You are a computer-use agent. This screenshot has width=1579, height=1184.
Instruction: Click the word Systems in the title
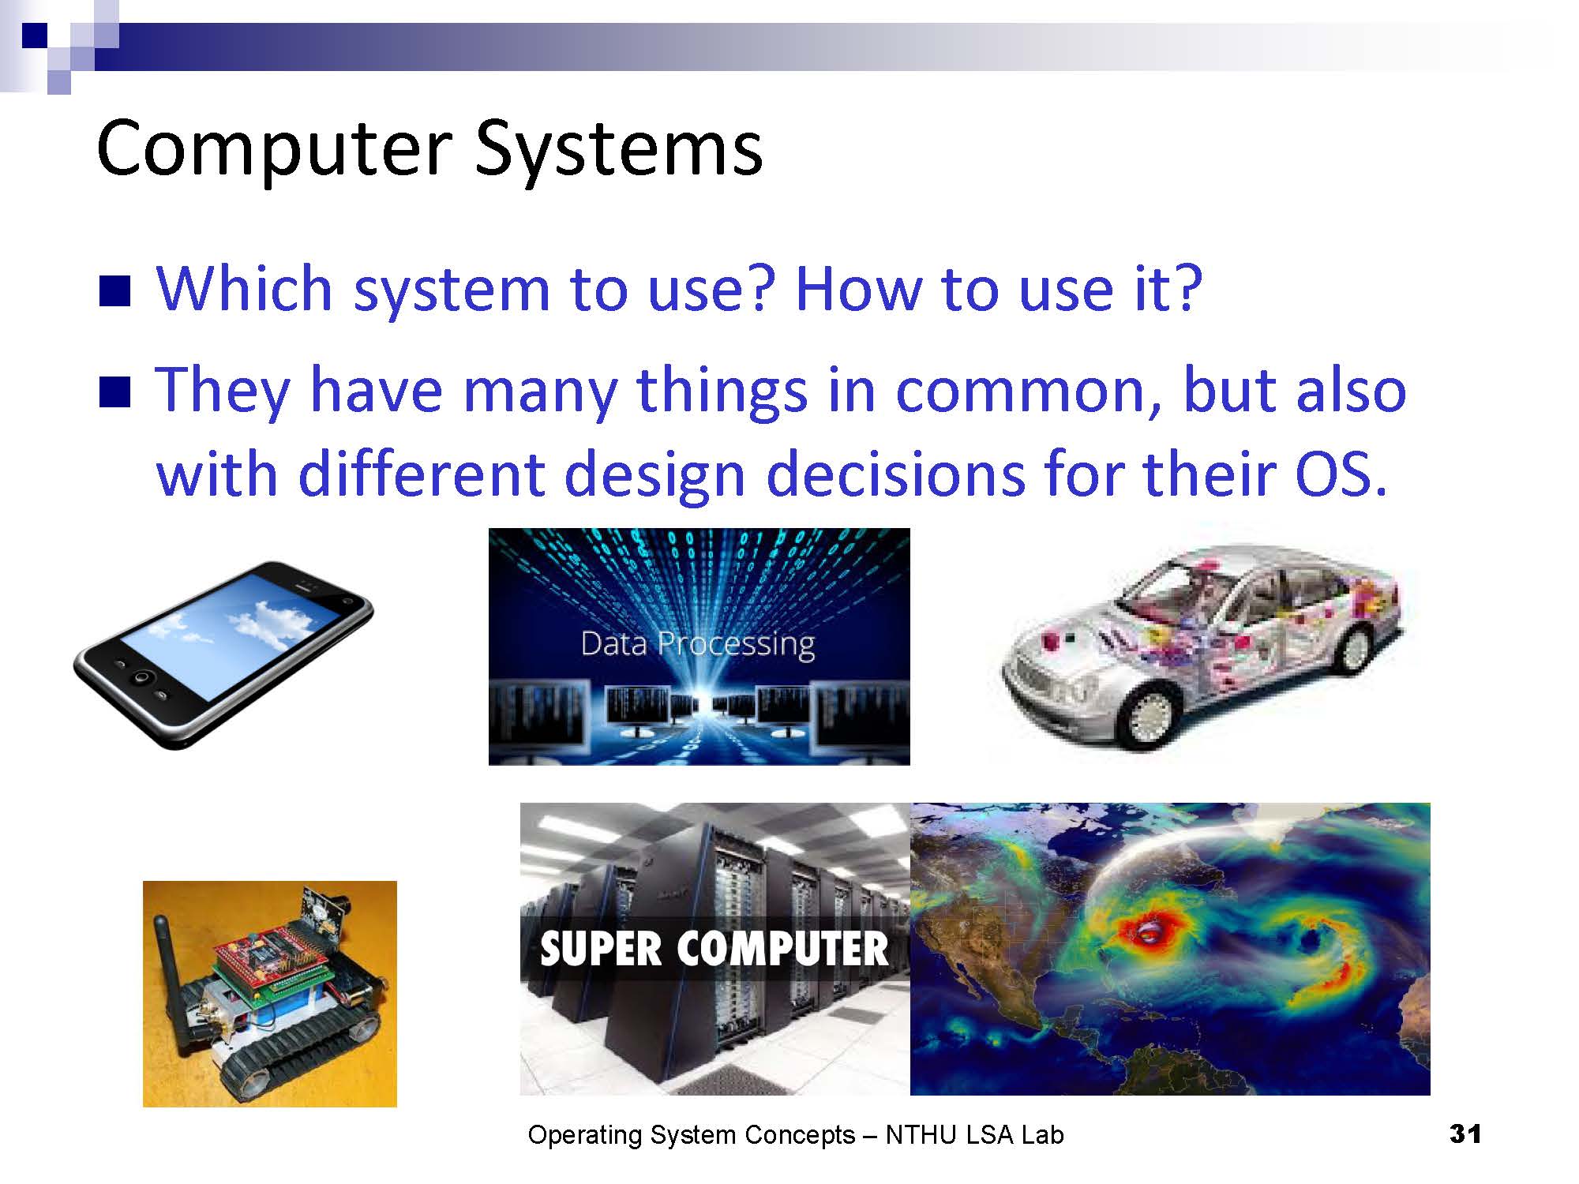point(618,150)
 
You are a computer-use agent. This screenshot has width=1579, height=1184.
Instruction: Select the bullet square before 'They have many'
point(114,392)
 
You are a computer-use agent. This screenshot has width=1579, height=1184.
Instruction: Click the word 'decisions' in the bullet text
point(895,475)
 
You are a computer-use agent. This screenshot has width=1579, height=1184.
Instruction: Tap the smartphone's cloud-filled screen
point(229,635)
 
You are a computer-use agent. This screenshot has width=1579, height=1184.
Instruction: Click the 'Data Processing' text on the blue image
point(698,644)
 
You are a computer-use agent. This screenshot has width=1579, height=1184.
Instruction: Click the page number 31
point(1465,1133)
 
